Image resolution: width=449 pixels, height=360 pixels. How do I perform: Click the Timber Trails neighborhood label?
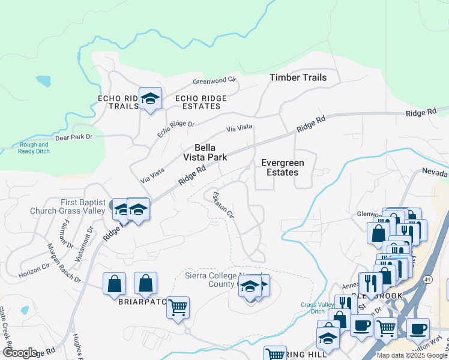coord(298,77)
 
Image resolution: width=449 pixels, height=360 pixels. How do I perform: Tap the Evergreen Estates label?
coord(282,167)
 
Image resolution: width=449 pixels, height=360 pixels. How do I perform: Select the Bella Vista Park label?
coord(205,152)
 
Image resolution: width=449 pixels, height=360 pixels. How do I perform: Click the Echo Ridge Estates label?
coord(200,102)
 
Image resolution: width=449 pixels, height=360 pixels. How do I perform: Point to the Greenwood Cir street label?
coord(214,81)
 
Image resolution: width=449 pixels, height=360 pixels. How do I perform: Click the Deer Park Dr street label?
coord(74,137)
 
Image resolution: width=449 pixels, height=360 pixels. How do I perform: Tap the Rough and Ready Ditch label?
coord(35,148)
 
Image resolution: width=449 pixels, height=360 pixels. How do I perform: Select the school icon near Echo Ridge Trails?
coord(150,98)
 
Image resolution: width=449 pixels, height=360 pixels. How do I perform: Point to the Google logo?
coord(19,353)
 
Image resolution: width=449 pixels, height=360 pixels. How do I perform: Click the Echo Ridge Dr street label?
coord(176,129)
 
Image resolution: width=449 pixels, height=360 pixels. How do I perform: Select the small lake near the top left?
coord(43,80)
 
